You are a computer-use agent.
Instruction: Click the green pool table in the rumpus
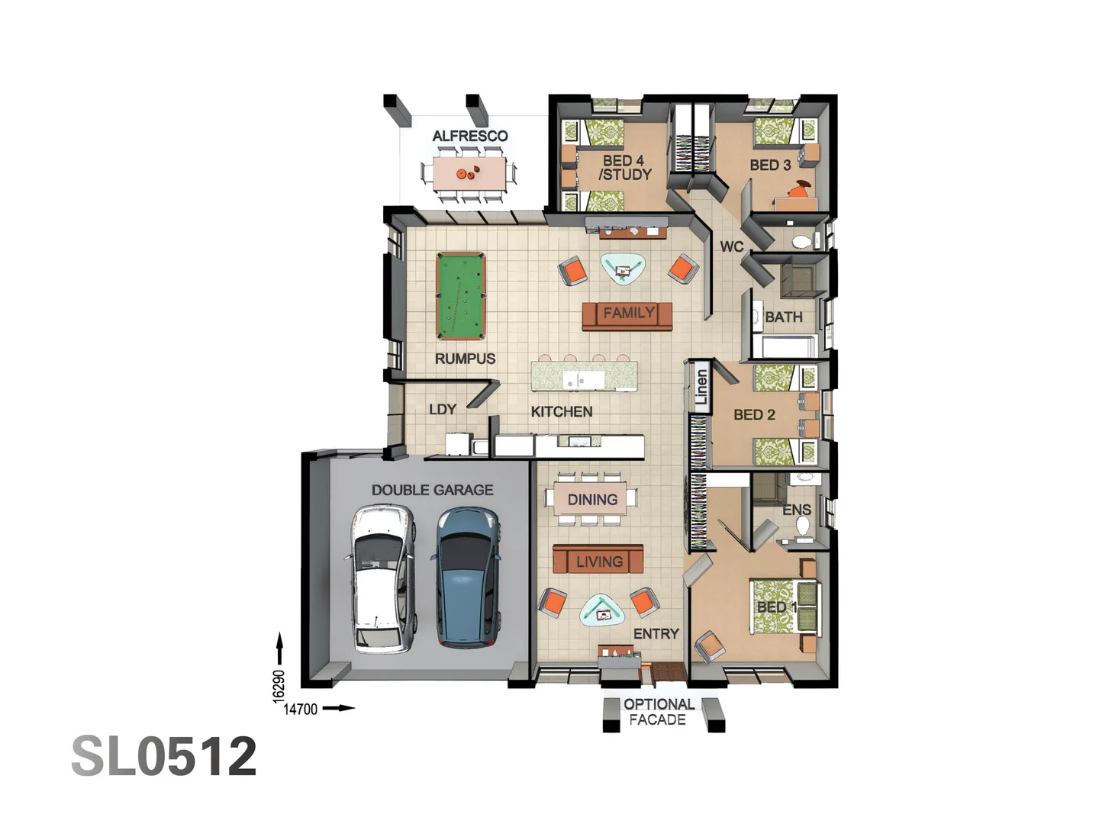click(460, 296)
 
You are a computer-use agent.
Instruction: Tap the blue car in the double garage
click(468, 578)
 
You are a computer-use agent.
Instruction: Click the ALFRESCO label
click(470, 136)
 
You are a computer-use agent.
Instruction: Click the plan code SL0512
click(164, 756)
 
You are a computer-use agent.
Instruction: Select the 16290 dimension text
click(279, 684)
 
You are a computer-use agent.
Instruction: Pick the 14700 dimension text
click(300, 709)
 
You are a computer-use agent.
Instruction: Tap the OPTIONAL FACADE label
click(659, 712)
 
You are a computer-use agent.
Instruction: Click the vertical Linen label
click(701, 388)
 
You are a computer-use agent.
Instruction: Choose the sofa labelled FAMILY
click(627, 315)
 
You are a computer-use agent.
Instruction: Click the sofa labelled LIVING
click(598, 561)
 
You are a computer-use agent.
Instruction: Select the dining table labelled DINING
click(592, 499)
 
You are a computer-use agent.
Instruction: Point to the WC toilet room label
click(731, 246)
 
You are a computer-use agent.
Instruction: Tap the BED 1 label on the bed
click(776, 607)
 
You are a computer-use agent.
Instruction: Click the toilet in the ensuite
click(802, 526)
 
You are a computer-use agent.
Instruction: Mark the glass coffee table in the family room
click(623, 268)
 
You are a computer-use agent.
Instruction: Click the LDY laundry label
click(443, 410)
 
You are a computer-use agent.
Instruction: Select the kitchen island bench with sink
click(584, 377)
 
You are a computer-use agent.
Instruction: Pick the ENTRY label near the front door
click(656, 634)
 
